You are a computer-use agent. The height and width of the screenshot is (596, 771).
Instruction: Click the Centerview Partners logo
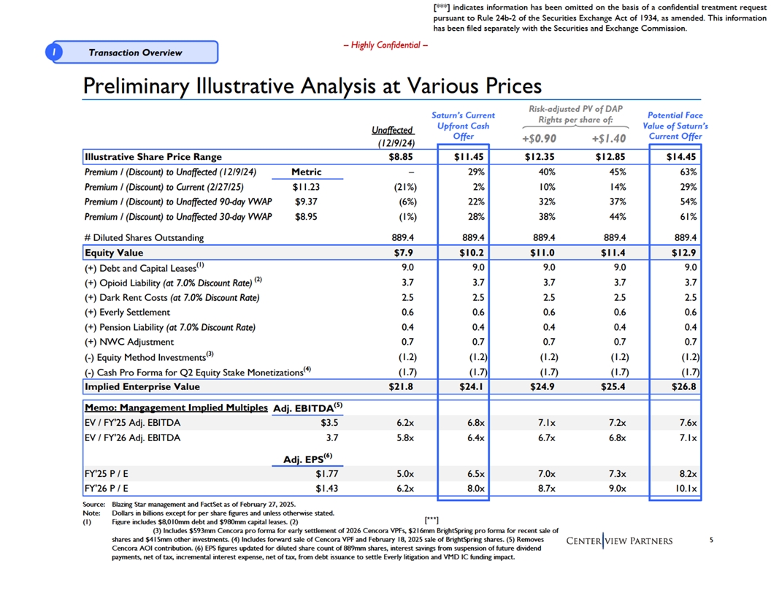pyautogui.click(x=619, y=540)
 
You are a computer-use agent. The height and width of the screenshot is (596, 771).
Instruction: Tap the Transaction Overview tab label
pyautogui.click(x=135, y=53)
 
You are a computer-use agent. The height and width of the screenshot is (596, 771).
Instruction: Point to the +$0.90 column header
pyautogui.click(x=540, y=139)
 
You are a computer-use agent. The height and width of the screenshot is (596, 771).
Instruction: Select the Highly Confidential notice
pyautogui.click(x=385, y=45)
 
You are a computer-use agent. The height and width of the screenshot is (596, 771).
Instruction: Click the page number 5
pyautogui.click(x=710, y=540)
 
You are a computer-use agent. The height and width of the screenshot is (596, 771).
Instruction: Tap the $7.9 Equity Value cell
pyautogui.click(x=403, y=253)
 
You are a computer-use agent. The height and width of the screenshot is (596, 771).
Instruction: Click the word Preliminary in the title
pyautogui.click(x=135, y=87)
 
